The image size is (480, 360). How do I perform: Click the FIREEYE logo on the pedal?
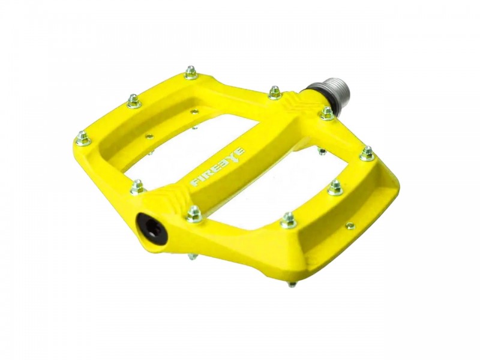pyautogui.click(x=218, y=167)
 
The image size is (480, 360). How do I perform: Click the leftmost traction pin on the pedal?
pyautogui.click(x=83, y=139)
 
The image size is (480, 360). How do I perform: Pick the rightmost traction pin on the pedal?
pyautogui.click(x=367, y=154)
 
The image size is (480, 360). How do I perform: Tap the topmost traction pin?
pyautogui.click(x=191, y=73)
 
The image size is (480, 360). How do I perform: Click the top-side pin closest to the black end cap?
pyautogui.click(x=194, y=214)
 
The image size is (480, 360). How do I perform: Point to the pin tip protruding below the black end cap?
pyautogui.click(x=191, y=256)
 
